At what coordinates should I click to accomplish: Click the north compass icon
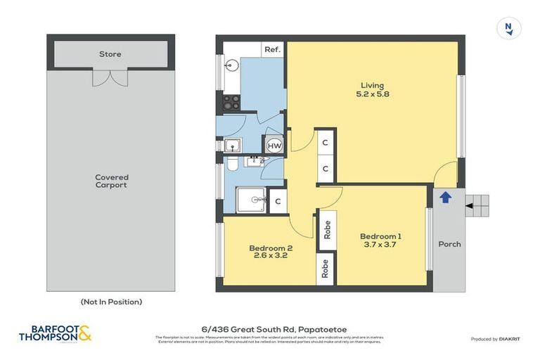(x=508, y=28)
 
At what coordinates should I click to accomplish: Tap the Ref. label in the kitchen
(x=272, y=50)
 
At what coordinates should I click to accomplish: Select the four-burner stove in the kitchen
(x=231, y=102)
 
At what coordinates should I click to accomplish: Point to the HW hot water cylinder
(x=274, y=145)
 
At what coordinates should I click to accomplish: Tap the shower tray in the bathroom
(x=250, y=200)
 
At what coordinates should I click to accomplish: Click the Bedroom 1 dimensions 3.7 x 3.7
(x=380, y=244)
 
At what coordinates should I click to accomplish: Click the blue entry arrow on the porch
(x=445, y=198)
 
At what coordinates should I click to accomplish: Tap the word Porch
(x=449, y=244)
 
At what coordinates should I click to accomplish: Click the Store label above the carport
(x=110, y=54)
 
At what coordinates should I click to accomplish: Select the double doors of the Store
(x=110, y=77)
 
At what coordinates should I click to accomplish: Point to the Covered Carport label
(x=112, y=181)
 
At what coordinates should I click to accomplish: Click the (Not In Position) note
(x=111, y=302)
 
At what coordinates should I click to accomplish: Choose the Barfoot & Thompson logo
(x=55, y=333)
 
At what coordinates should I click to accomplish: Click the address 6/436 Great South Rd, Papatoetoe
(x=274, y=328)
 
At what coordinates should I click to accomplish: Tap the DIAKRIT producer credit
(x=505, y=339)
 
